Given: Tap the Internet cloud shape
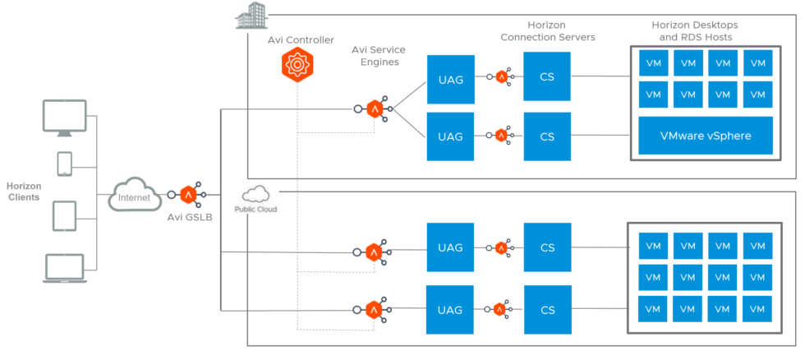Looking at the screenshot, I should coord(135,196).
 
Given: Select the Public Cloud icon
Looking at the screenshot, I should coord(256,197).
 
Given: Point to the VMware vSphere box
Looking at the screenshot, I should coord(706,136).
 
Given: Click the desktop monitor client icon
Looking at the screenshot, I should coord(64,117).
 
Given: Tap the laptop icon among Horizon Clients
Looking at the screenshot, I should coord(64,269).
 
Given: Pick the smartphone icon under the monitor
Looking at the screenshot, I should coord(64,164).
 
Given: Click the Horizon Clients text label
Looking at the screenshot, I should coord(23,192).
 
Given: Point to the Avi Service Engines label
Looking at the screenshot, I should coord(379,57).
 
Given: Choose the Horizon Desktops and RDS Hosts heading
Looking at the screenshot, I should coord(692,31).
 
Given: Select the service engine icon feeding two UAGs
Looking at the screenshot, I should coord(375,108).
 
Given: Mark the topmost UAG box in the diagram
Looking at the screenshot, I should coord(450,78).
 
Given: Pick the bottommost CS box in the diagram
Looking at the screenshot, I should coord(546,310).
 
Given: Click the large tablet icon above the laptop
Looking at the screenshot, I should coord(64,215).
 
